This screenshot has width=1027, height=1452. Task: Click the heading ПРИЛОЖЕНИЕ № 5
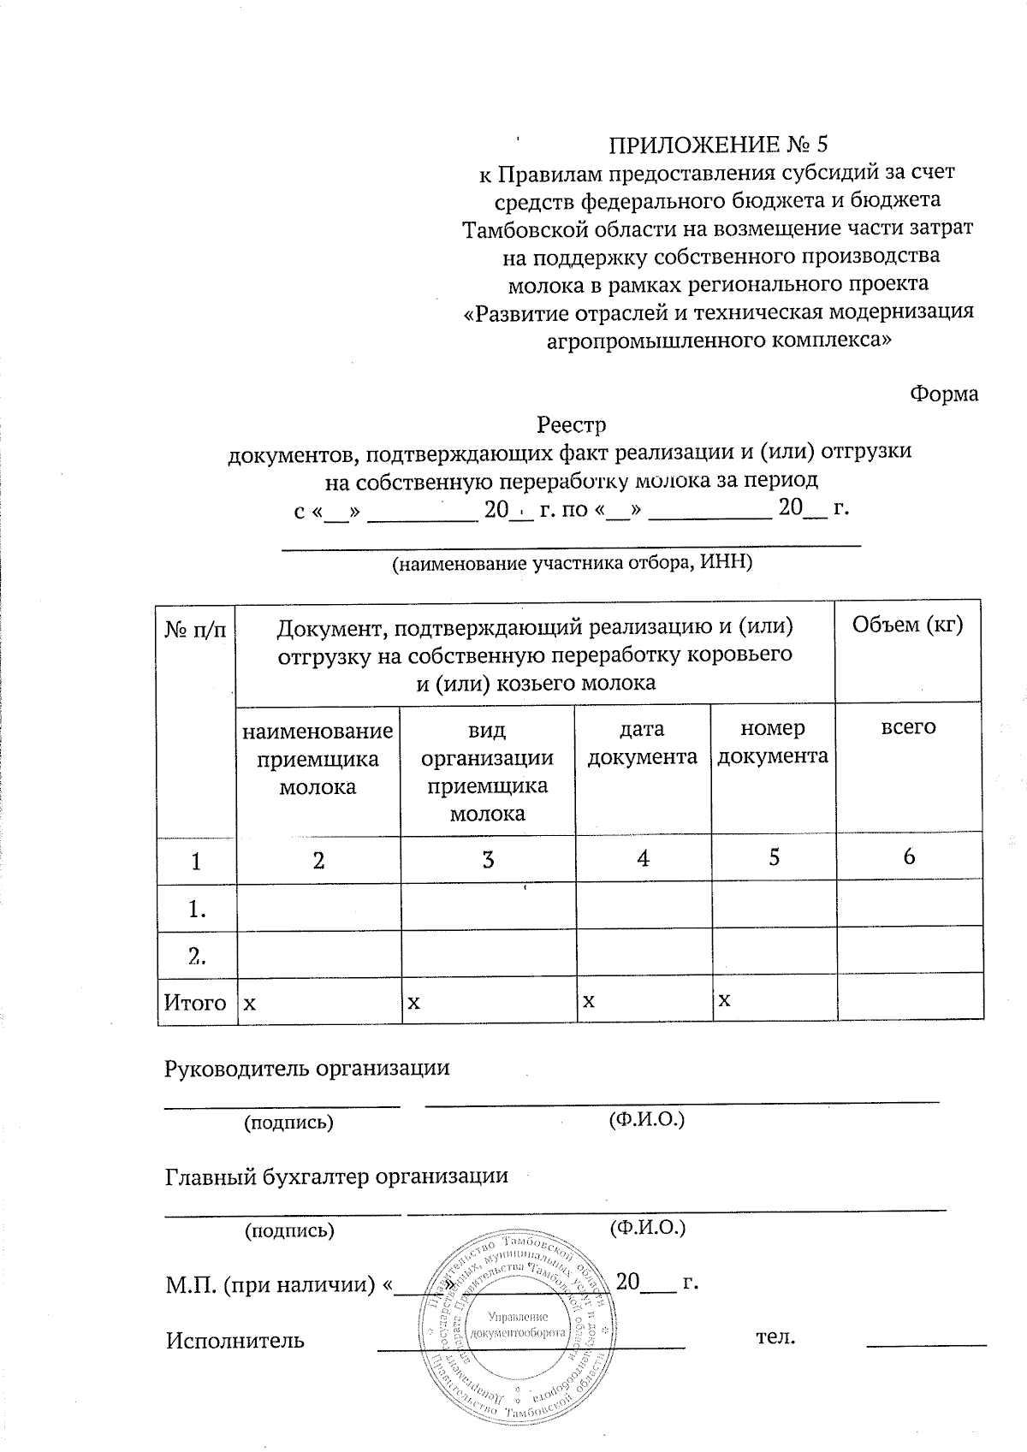click(719, 143)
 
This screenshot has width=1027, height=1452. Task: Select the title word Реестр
click(571, 424)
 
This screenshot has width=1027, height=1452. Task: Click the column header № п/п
click(196, 630)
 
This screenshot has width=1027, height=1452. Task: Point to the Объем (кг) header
click(908, 625)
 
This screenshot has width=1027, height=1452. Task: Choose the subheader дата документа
click(642, 743)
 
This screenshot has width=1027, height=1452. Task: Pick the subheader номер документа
click(773, 743)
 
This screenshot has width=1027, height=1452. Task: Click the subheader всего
click(908, 727)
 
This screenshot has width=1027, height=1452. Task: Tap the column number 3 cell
click(488, 858)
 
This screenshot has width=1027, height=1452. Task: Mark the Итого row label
click(196, 1002)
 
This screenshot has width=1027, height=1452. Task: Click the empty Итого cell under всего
click(909, 1000)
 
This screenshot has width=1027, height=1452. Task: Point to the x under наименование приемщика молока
click(249, 1002)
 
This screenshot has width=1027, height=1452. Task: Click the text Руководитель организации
click(306, 1068)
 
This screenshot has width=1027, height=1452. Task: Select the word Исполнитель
click(234, 1339)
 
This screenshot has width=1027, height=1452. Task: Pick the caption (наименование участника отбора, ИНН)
click(571, 563)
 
